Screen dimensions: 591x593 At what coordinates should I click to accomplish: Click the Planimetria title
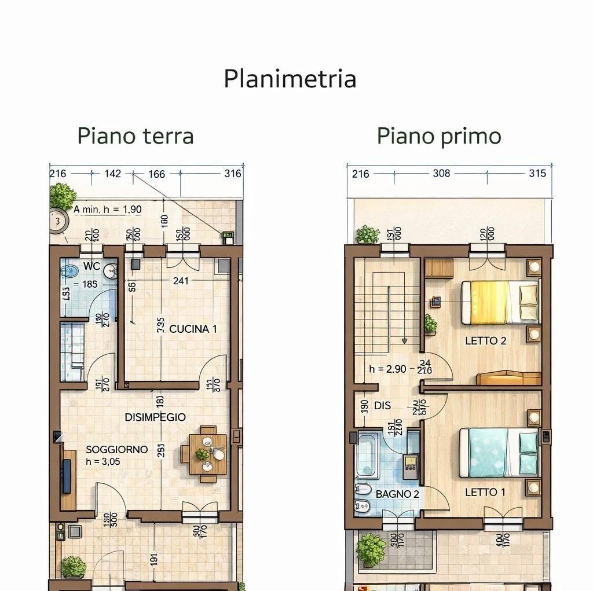(290, 79)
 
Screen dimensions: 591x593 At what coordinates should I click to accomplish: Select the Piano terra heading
(136, 136)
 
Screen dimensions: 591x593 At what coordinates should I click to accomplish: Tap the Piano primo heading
(438, 136)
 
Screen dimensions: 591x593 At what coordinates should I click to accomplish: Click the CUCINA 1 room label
(193, 329)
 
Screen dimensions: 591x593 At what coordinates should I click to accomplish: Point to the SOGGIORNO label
(116, 449)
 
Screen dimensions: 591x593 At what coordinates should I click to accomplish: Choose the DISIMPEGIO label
(155, 417)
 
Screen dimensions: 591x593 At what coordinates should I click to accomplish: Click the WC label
(91, 266)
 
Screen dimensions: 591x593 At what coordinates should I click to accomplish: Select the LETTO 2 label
(485, 341)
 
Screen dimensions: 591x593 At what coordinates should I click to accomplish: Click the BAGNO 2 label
(397, 494)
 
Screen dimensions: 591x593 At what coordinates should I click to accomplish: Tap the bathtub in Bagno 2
(368, 455)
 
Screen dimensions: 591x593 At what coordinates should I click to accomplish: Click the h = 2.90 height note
(388, 369)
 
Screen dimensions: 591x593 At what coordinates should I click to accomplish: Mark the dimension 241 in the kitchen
(181, 281)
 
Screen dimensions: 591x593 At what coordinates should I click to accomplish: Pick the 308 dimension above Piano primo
(441, 173)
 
